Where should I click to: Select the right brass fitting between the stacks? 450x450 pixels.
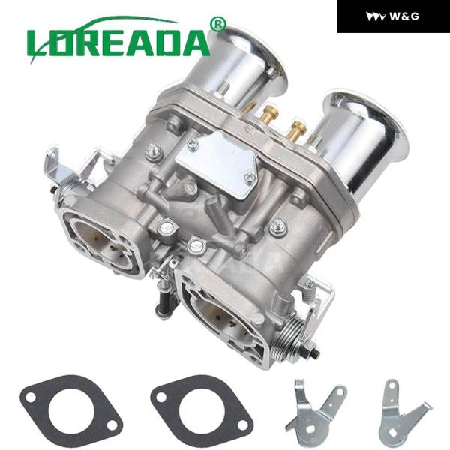[298, 127]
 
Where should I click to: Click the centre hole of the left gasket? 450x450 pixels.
[60, 405]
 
